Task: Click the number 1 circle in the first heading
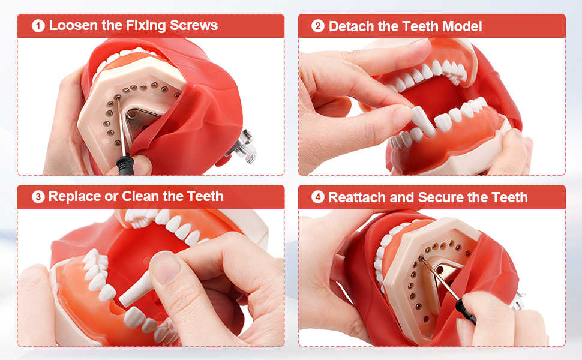click(38, 26)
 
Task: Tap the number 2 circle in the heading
click(318, 26)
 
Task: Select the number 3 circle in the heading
click(38, 197)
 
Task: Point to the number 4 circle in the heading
click(318, 197)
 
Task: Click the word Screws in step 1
click(194, 25)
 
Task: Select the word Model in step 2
click(462, 26)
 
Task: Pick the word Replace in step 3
click(74, 196)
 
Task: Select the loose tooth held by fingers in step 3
click(136, 289)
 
